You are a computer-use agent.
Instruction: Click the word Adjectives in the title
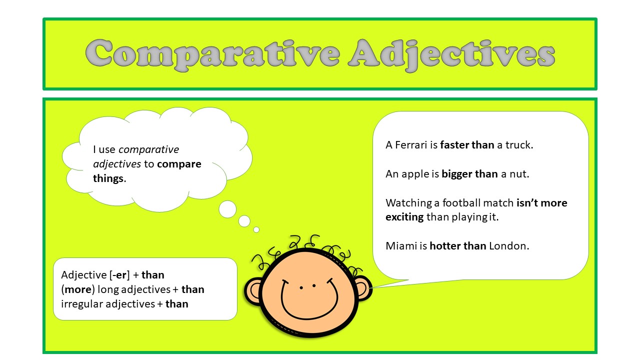pyautogui.click(x=452, y=53)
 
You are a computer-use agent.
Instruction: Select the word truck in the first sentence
pyautogui.click(x=519, y=145)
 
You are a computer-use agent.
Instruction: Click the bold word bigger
pyautogui.click(x=456, y=174)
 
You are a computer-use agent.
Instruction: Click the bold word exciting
pyautogui.click(x=404, y=217)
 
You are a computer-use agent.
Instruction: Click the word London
pyautogui.click(x=508, y=246)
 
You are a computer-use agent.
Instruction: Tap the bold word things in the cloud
pyautogui.click(x=108, y=178)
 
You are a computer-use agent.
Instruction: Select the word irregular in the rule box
pyautogui.click(x=81, y=303)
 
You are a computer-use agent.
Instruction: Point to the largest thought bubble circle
pyautogui.click(x=227, y=209)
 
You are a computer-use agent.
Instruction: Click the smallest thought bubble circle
pyautogui.click(x=256, y=229)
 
